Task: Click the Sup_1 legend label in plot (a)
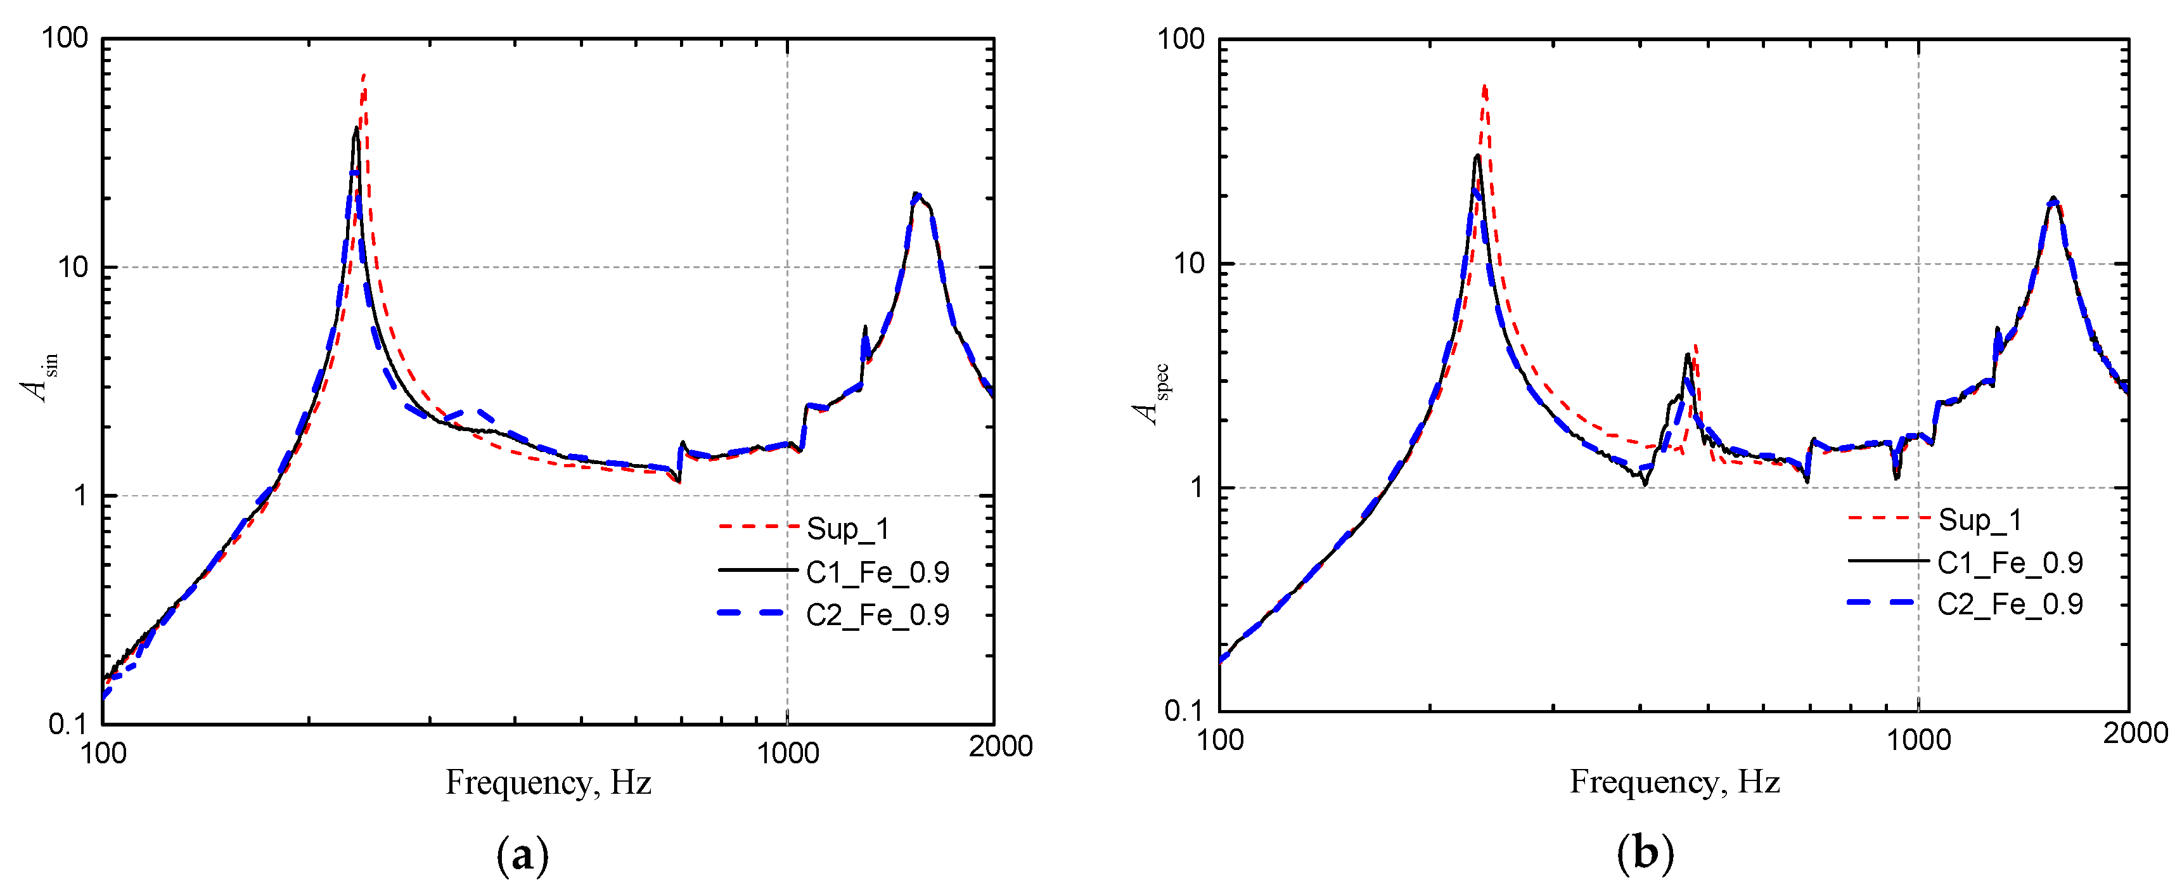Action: point(847,529)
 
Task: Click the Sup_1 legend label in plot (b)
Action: point(1980,519)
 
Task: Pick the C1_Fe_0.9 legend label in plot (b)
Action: point(2009,562)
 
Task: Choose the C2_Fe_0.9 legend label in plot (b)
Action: point(2009,604)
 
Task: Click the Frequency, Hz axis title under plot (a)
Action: point(548,782)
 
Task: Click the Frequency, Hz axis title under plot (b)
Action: point(1674,781)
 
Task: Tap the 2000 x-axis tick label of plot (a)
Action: point(1000,746)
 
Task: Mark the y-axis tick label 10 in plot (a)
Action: point(72,268)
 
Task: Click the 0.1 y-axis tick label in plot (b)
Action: point(1183,711)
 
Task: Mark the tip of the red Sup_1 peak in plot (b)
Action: point(1484,86)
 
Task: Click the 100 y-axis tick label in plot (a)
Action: point(65,38)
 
